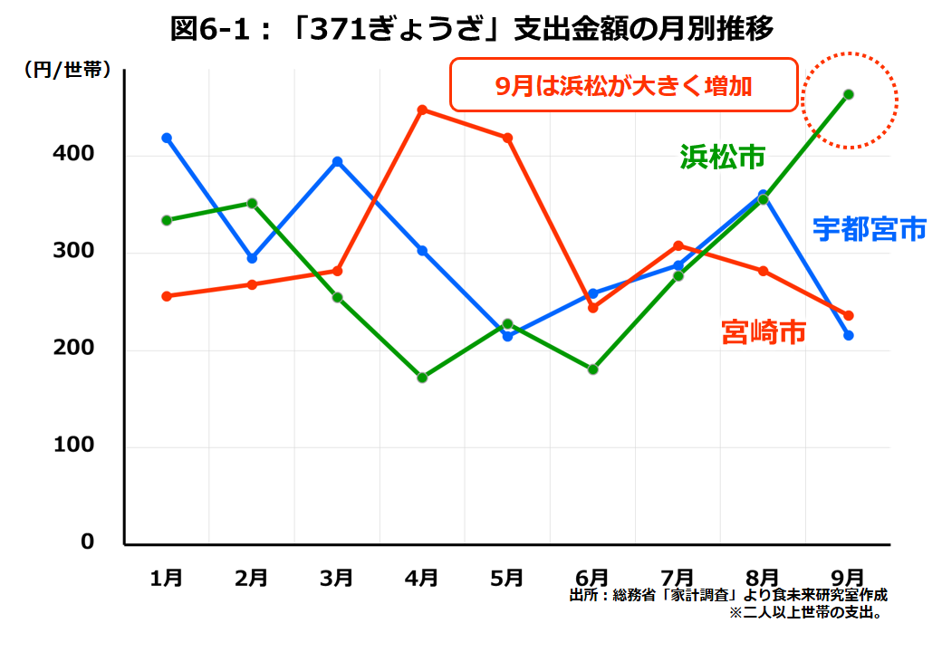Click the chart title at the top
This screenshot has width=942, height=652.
471,29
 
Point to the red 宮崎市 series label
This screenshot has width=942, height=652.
764,331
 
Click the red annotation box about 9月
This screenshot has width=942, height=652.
623,85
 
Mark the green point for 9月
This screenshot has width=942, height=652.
849,94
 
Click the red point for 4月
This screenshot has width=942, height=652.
422,110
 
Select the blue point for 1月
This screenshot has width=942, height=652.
167,138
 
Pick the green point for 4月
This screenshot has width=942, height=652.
422,378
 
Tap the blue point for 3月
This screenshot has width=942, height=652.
337,162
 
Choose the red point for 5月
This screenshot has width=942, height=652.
508,138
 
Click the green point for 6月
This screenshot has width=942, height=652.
593,369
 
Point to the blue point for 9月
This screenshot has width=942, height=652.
849,336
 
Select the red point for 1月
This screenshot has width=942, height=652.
167,296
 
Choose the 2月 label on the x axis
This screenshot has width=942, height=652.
251,577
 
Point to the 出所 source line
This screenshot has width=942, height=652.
727,595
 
